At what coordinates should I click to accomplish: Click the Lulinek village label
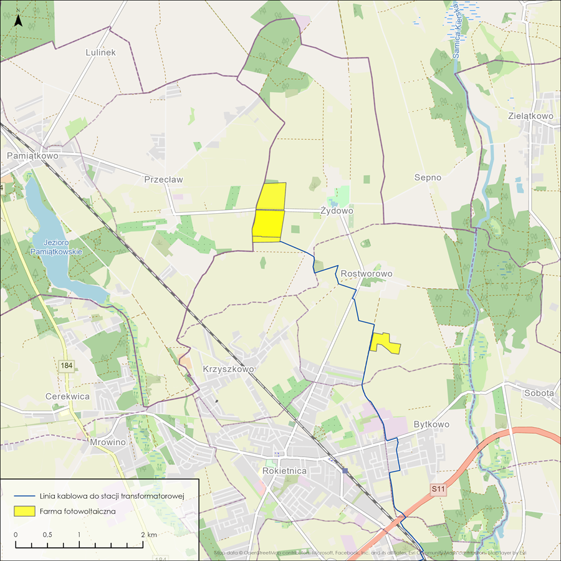click(x=101, y=53)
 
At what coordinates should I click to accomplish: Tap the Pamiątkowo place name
click(x=32, y=155)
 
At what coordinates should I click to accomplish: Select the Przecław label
click(x=163, y=180)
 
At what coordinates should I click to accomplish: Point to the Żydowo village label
click(x=337, y=211)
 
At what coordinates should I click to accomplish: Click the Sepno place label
click(x=428, y=178)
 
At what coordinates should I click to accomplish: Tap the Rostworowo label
click(x=367, y=274)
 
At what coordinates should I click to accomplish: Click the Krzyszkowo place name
click(x=229, y=369)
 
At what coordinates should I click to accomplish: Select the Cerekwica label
click(x=67, y=396)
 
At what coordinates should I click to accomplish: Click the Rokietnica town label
click(x=285, y=471)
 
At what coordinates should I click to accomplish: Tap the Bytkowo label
click(x=431, y=425)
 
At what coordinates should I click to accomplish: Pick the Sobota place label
click(x=539, y=393)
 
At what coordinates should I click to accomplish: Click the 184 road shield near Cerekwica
click(x=67, y=365)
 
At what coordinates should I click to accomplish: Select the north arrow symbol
click(x=19, y=21)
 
